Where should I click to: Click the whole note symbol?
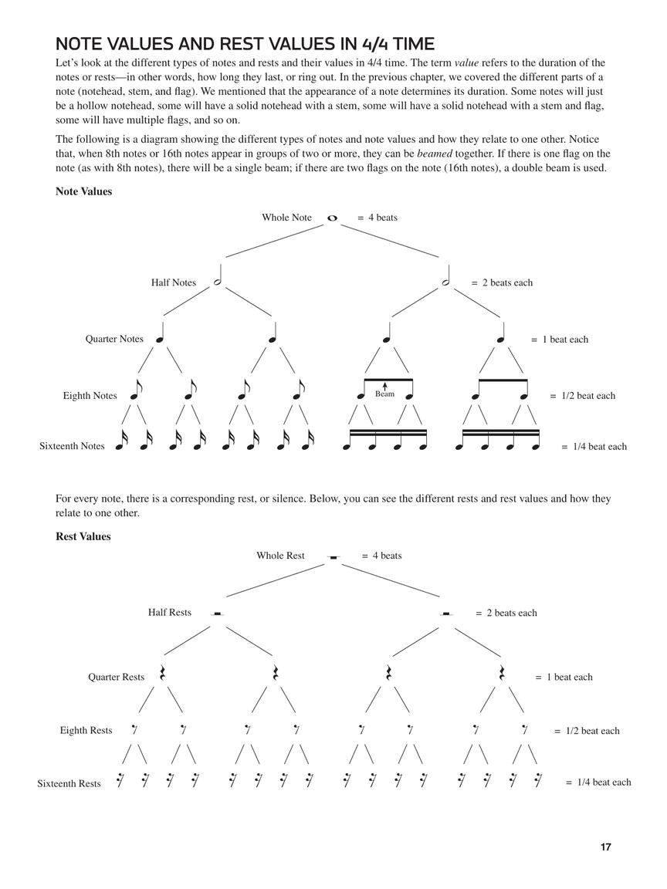(x=333, y=218)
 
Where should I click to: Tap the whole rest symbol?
(x=333, y=556)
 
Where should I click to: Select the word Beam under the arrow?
(x=384, y=394)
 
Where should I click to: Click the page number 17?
(x=605, y=847)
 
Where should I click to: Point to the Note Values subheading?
(x=83, y=191)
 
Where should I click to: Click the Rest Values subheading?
(x=83, y=536)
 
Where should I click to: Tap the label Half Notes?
(x=174, y=282)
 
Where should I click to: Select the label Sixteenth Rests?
(x=69, y=783)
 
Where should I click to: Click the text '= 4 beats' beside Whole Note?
(x=378, y=218)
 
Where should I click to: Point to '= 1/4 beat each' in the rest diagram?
(x=598, y=782)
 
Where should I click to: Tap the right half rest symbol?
(x=446, y=614)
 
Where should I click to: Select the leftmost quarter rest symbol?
(x=163, y=673)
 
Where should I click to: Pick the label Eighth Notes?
(x=90, y=396)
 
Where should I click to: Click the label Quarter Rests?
(x=116, y=677)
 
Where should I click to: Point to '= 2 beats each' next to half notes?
(x=502, y=282)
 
